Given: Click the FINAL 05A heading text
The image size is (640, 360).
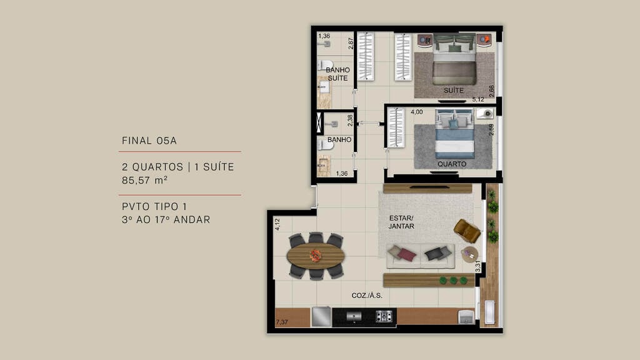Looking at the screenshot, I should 149,141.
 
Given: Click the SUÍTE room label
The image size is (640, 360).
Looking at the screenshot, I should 454,91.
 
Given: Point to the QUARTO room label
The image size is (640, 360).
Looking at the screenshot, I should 452,164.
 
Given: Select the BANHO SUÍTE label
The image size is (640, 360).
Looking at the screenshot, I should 337,74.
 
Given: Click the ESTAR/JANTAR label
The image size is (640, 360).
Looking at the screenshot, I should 402,222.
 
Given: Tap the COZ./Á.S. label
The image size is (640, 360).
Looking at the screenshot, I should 367,295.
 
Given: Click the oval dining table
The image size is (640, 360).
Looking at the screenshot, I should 316,256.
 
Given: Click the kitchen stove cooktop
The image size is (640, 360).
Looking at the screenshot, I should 383,316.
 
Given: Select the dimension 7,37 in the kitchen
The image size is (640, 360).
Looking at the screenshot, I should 282,322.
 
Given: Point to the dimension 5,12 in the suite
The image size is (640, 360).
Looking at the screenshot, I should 478,99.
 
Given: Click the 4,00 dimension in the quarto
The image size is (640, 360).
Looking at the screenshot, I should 416,112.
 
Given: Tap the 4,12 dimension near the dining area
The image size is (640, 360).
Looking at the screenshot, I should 277,224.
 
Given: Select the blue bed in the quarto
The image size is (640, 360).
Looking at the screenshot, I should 454,134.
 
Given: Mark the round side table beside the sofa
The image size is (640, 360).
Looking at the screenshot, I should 469,254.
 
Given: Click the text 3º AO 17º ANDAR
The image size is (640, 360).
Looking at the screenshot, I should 166,220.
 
